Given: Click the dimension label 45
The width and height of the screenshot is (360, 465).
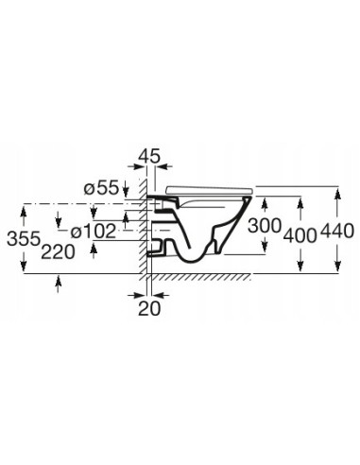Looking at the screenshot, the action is point(149,156).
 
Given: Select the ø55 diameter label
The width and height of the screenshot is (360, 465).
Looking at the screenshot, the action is point(101,188).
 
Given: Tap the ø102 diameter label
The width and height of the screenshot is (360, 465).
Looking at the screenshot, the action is point(94,232).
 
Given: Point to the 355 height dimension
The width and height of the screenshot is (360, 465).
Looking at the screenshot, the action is point(24,239).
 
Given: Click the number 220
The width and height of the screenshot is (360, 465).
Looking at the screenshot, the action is point(58,252).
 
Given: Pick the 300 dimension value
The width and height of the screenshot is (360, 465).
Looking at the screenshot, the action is point(265,226).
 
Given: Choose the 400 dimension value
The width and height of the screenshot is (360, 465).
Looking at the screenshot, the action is point(300,235).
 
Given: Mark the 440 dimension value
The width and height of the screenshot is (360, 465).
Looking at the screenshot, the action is point(337,231).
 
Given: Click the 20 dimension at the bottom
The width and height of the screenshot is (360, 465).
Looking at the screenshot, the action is point(149,309).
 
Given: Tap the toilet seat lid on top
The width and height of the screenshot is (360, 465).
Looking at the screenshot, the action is point(209,190).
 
